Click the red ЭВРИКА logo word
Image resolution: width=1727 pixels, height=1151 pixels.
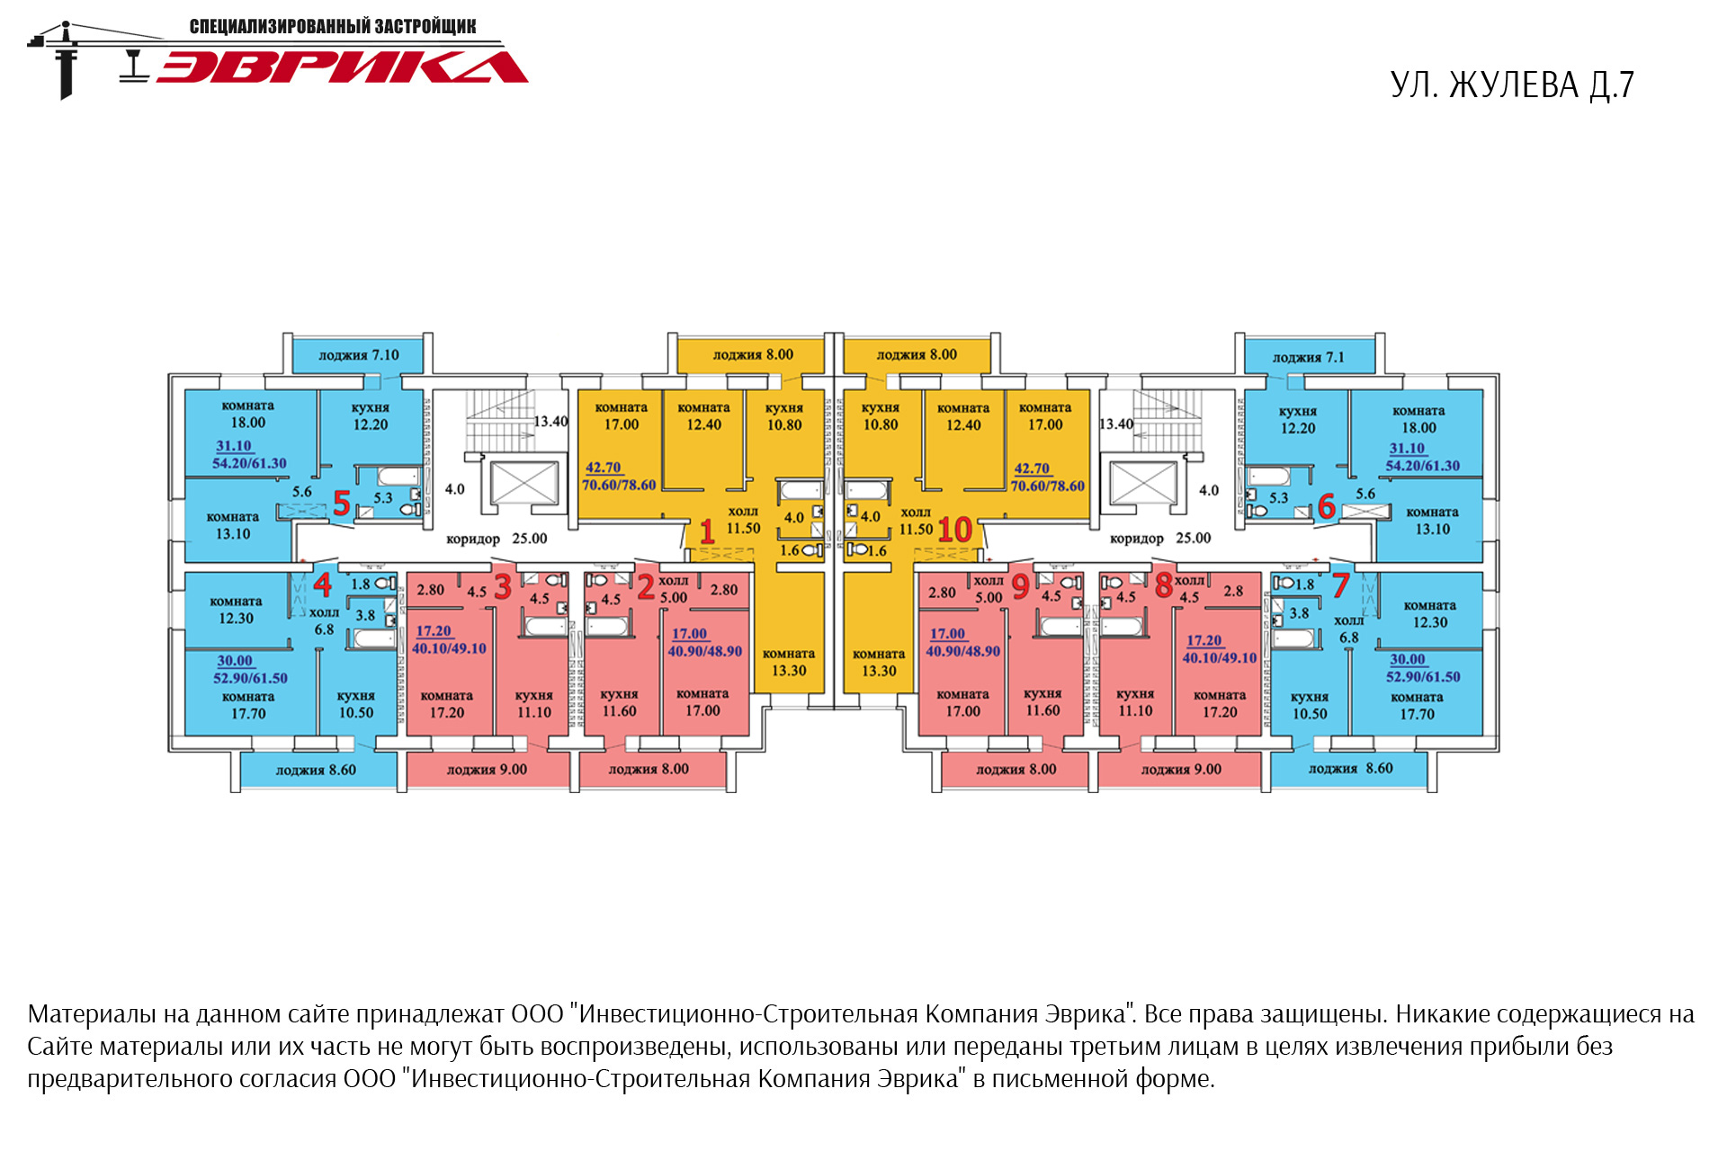pyautogui.click(x=342, y=67)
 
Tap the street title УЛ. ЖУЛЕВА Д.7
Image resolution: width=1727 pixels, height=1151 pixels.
pyautogui.click(x=1511, y=85)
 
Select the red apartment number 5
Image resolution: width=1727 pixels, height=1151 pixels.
pyautogui.click(x=341, y=503)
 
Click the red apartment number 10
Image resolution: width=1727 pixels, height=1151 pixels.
pyautogui.click(x=954, y=530)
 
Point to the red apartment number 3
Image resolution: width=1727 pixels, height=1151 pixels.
pyautogui.click(x=503, y=587)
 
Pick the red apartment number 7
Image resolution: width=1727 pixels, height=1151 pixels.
pyautogui.click(x=1340, y=585)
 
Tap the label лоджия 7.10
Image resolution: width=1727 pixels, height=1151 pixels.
pyautogui.click(x=358, y=355)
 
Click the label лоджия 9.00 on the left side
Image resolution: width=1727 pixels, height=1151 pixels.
pyautogui.click(x=487, y=770)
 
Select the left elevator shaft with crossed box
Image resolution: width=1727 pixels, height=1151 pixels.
pyautogui.click(x=523, y=484)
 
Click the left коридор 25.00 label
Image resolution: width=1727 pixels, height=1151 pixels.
pyautogui.click(x=497, y=539)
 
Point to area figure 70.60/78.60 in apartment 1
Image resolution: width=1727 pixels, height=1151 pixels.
pyautogui.click(x=619, y=486)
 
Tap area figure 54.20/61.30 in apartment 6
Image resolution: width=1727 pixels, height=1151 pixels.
pyautogui.click(x=1422, y=466)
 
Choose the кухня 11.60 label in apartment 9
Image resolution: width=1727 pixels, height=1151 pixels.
pyautogui.click(x=1042, y=702)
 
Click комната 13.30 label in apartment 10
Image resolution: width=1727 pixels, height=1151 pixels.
pyautogui.click(x=879, y=663)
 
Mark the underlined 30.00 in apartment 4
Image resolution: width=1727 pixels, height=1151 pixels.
pyautogui.click(x=235, y=661)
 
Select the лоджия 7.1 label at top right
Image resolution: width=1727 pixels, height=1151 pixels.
pyautogui.click(x=1308, y=358)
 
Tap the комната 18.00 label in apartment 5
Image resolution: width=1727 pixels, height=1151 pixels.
pyautogui.click(x=247, y=415)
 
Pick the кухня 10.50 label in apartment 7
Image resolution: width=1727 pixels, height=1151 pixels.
pyautogui.click(x=1309, y=705)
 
